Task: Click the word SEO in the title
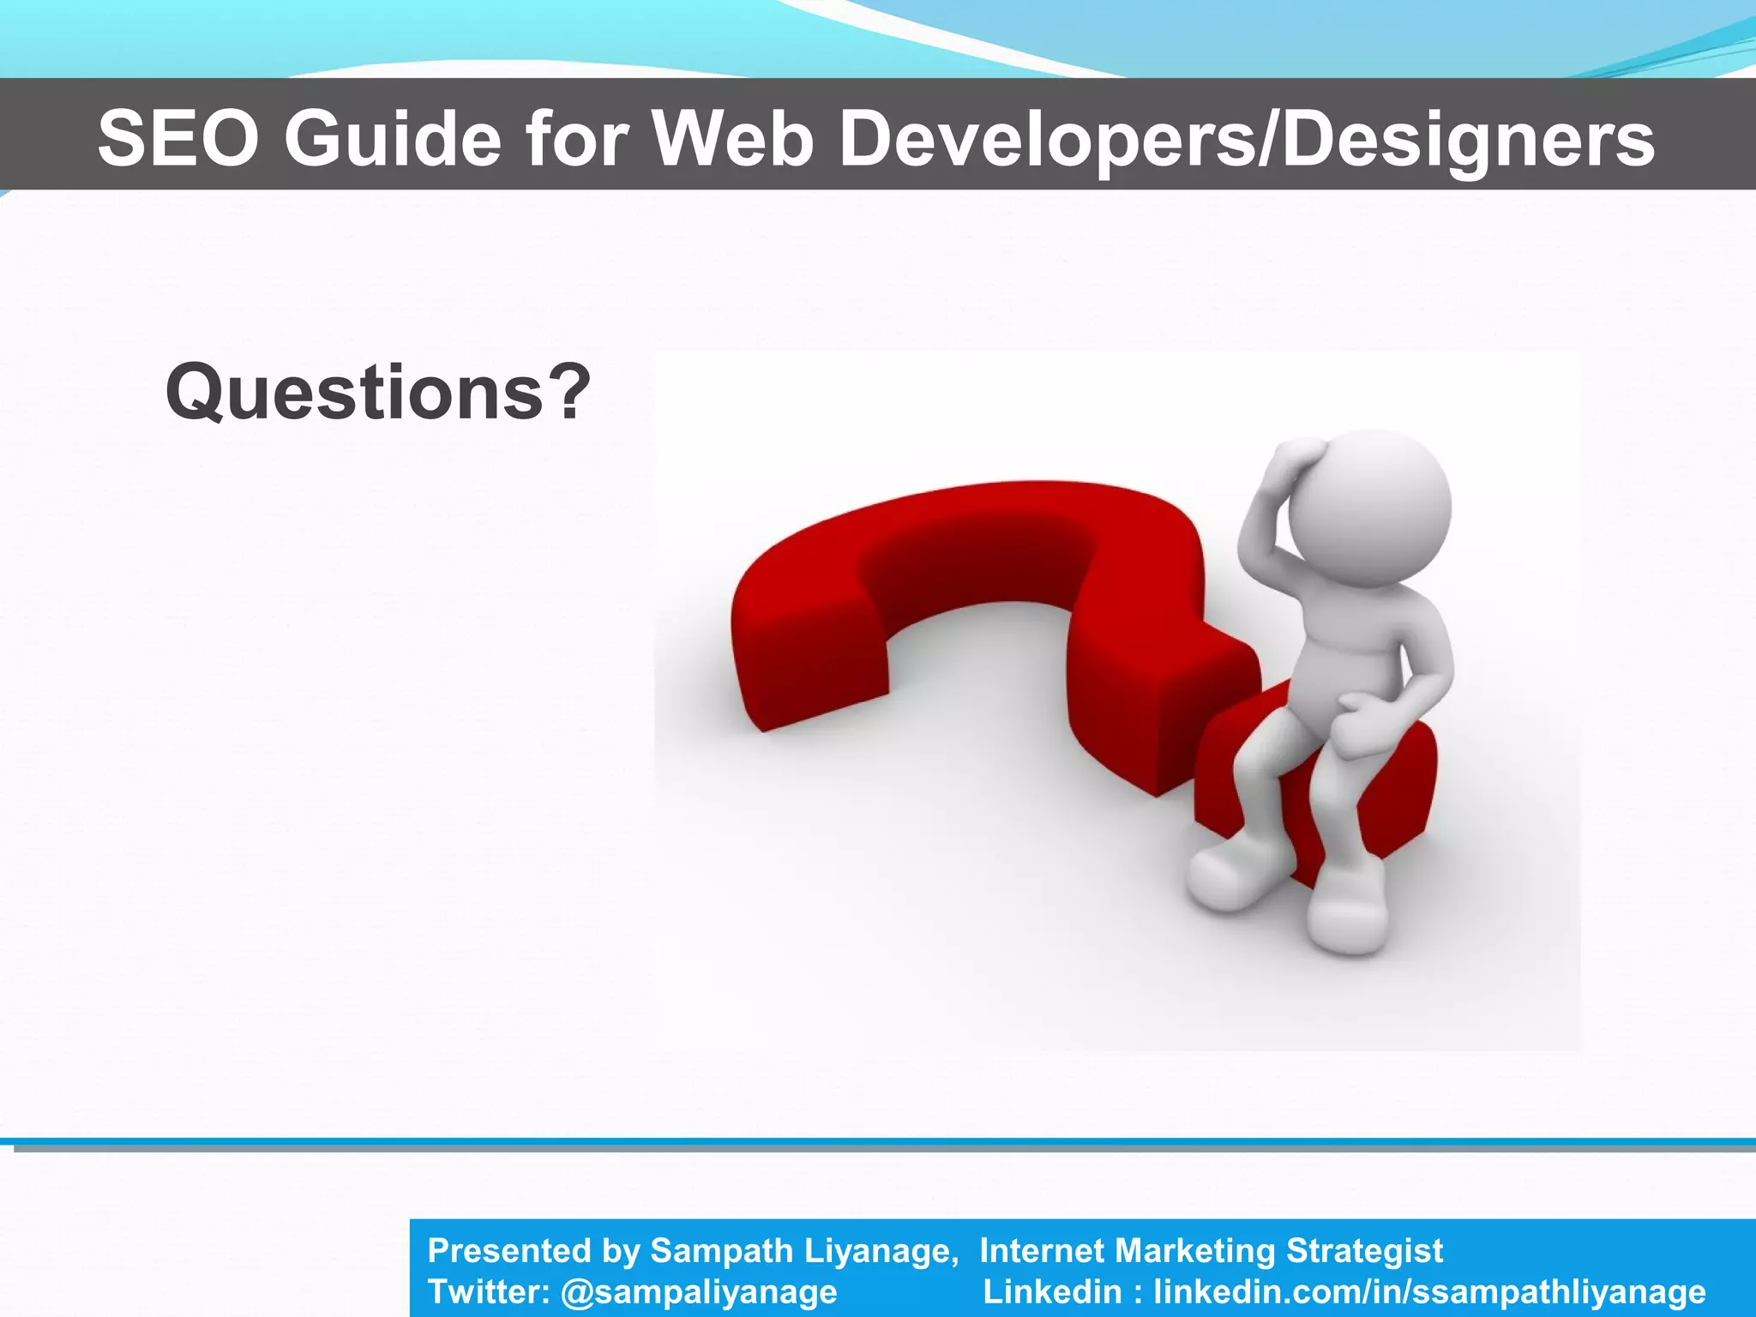[x=177, y=139]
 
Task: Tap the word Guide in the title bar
[x=393, y=139]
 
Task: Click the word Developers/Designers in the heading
[x=1247, y=139]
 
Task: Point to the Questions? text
[x=378, y=393]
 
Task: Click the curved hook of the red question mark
[x=986, y=549]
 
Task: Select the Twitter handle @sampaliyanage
[x=698, y=1291]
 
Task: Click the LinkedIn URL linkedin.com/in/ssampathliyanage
[x=1429, y=1291]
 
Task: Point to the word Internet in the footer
[x=1041, y=1251]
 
